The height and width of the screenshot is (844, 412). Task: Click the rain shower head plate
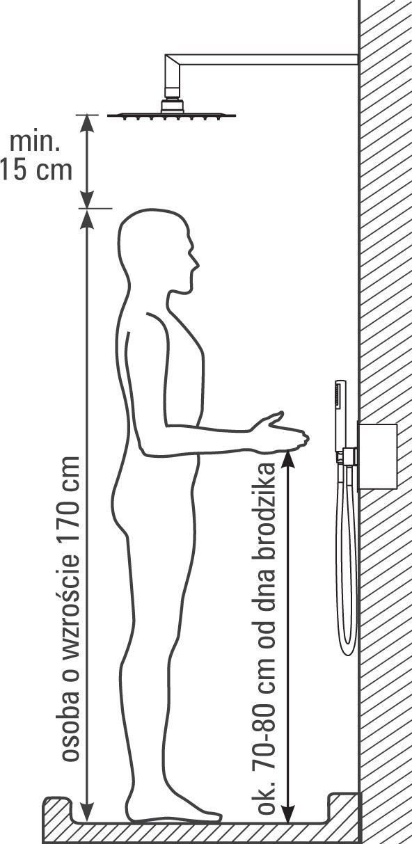171,116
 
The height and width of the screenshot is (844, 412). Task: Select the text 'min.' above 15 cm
35,142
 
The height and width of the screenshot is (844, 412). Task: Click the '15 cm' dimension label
35,170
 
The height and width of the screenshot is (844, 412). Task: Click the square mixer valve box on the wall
377,456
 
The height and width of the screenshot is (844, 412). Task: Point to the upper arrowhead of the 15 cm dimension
88,122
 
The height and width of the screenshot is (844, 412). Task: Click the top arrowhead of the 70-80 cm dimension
288,458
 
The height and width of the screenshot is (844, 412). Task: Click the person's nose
196,262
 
